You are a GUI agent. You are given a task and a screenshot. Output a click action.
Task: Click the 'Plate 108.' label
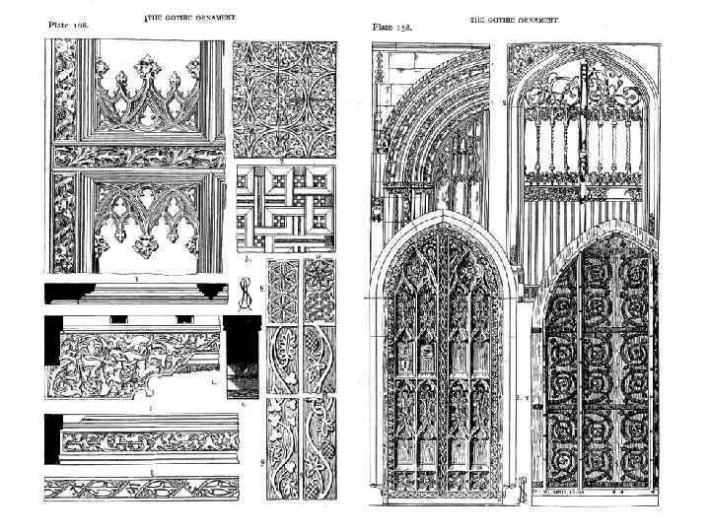tap(67, 27)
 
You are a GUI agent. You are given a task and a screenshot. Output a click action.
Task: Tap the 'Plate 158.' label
tap(391, 27)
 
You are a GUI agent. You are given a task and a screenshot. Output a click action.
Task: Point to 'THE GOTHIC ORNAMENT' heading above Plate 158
tap(514, 19)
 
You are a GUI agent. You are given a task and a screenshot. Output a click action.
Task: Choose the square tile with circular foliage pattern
tap(284, 99)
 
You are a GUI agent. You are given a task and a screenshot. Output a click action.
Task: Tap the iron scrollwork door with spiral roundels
tap(596, 379)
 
